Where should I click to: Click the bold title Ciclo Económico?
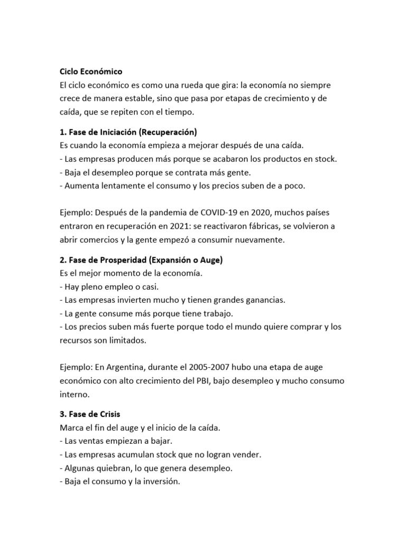pyautogui.click(x=90, y=71)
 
